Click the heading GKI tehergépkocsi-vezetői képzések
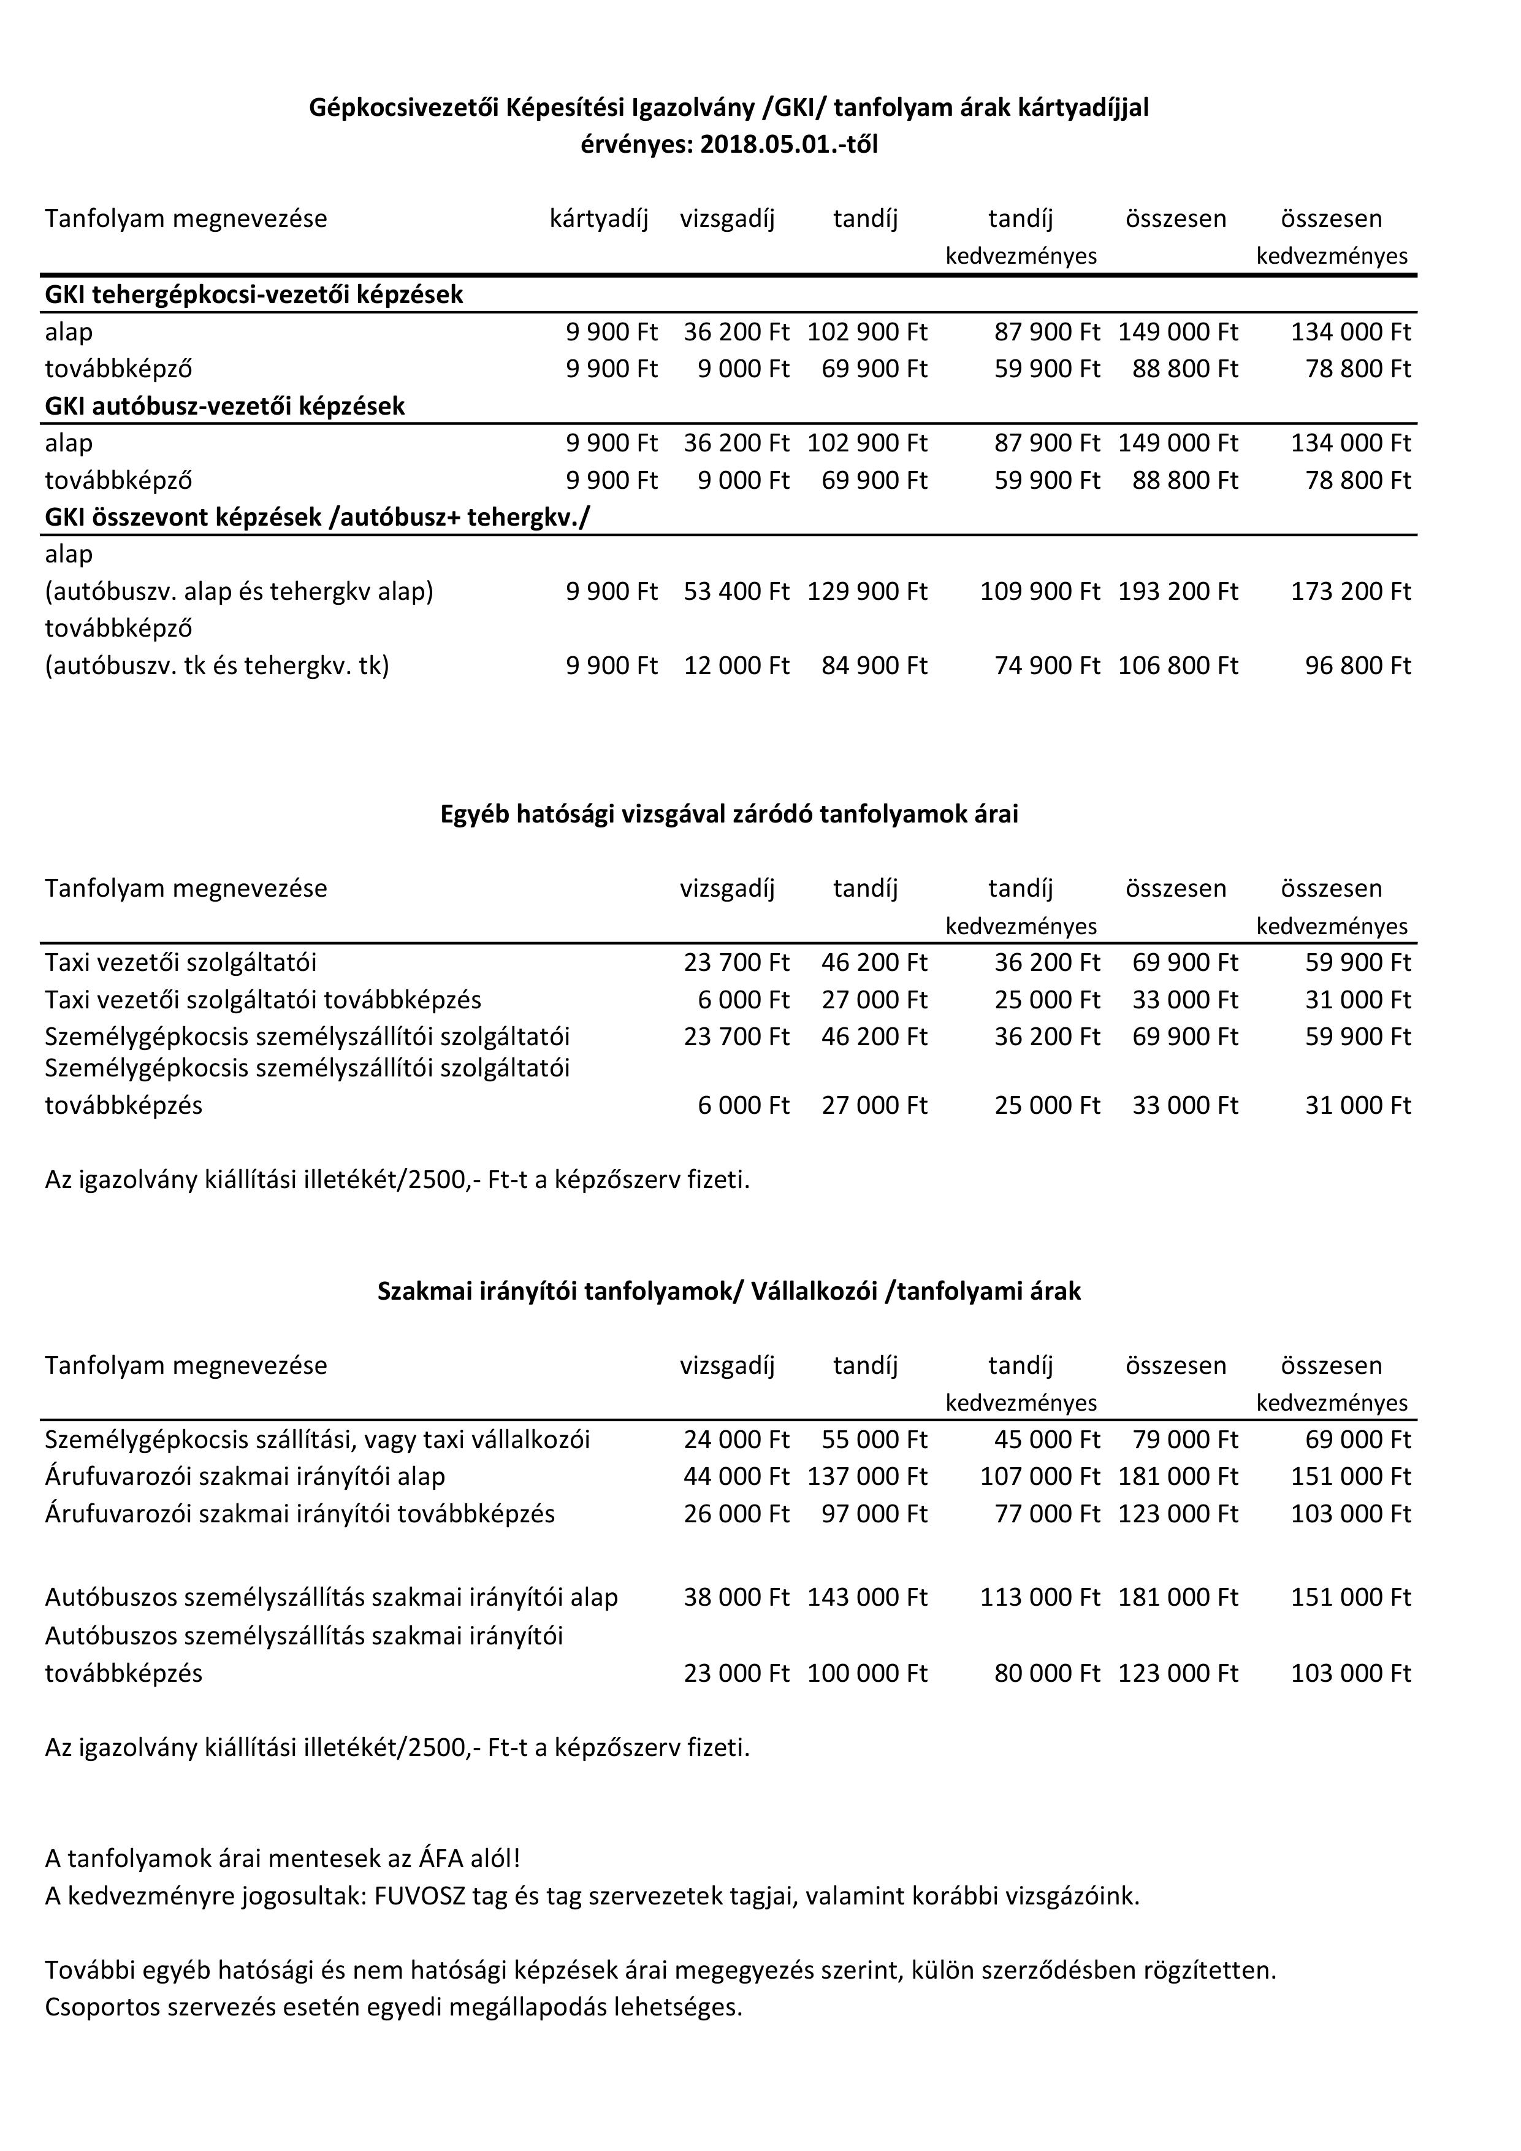(254, 295)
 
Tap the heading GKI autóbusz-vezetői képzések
(225, 407)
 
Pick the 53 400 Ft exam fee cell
(736, 592)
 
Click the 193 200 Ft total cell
(1177, 592)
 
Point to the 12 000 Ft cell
(736, 666)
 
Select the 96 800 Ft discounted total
(1357, 666)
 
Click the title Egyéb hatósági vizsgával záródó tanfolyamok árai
(729, 814)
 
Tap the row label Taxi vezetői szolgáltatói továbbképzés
(263, 1000)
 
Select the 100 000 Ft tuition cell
(867, 1673)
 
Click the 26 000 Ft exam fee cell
(736, 1514)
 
